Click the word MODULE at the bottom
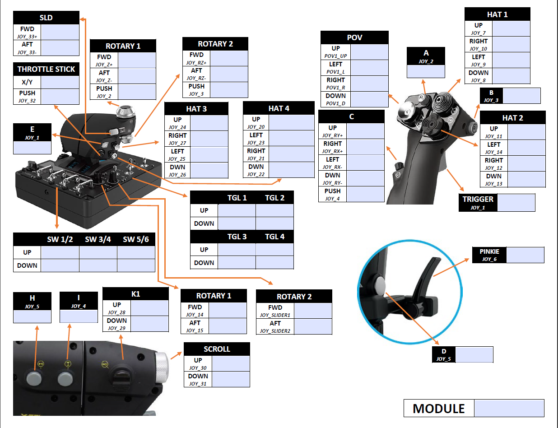click(438, 409)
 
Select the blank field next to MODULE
click(509, 408)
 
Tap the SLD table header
click(46, 18)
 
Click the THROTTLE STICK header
click(46, 69)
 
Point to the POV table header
click(354, 37)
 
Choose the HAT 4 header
click(278, 108)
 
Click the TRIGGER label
click(478, 199)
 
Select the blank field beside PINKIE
click(525, 255)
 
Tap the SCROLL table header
click(217, 349)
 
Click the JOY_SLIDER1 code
click(275, 315)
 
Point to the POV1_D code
click(335, 103)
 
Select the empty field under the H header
click(32, 316)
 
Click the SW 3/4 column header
click(98, 239)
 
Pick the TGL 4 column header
click(274, 237)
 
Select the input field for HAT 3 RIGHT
click(209, 139)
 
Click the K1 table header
click(135, 294)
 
